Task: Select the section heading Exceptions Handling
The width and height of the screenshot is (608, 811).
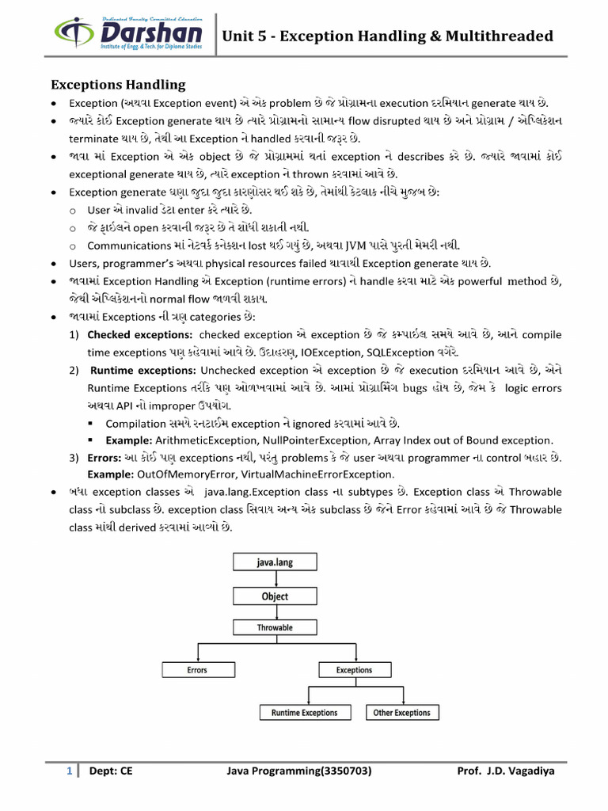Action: point(118,84)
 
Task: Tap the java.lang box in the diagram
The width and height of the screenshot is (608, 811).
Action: point(275,564)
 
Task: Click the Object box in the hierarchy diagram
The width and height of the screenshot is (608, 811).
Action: point(275,596)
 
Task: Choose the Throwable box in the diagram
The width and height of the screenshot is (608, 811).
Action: point(275,627)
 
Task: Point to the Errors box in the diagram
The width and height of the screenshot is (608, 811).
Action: point(197,670)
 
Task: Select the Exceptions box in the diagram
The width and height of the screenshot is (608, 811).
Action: point(354,670)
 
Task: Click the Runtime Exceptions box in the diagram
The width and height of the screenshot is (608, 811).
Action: point(304,713)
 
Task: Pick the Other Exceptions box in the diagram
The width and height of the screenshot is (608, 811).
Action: point(401,713)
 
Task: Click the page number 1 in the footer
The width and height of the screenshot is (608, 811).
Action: point(69,770)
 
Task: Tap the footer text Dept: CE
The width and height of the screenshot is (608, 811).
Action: point(111,770)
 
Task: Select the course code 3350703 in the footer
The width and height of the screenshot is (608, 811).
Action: point(342,770)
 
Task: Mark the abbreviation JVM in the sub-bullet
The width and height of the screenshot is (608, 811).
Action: point(367,245)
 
